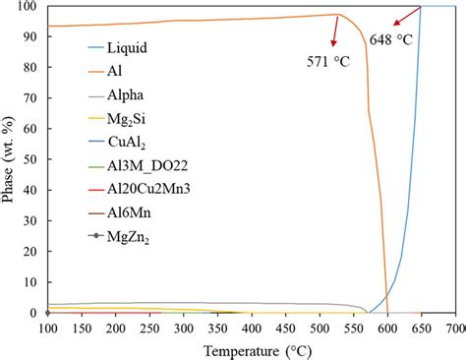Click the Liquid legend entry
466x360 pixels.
pyautogui.click(x=131, y=45)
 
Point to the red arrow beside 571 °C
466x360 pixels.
pyautogui.click(x=335, y=32)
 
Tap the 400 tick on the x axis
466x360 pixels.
pyautogui.click(x=252, y=328)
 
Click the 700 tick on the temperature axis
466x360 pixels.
pyautogui.click(x=455, y=328)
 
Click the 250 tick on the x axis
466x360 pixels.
pyautogui.click(x=149, y=328)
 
